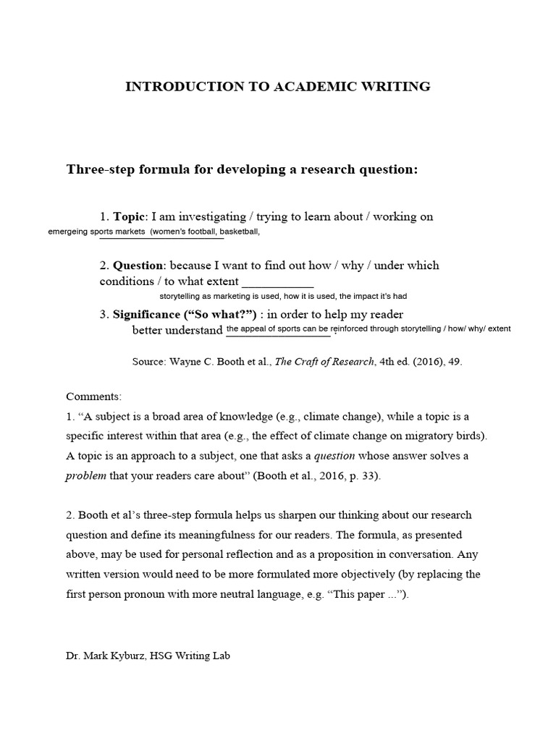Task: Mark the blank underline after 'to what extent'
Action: (x=277, y=283)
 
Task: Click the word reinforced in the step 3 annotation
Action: (x=353, y=329)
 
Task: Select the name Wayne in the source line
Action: (x=185, y=363)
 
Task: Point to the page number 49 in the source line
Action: (x=455, y=363)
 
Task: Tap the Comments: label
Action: (x=94, y=397)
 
